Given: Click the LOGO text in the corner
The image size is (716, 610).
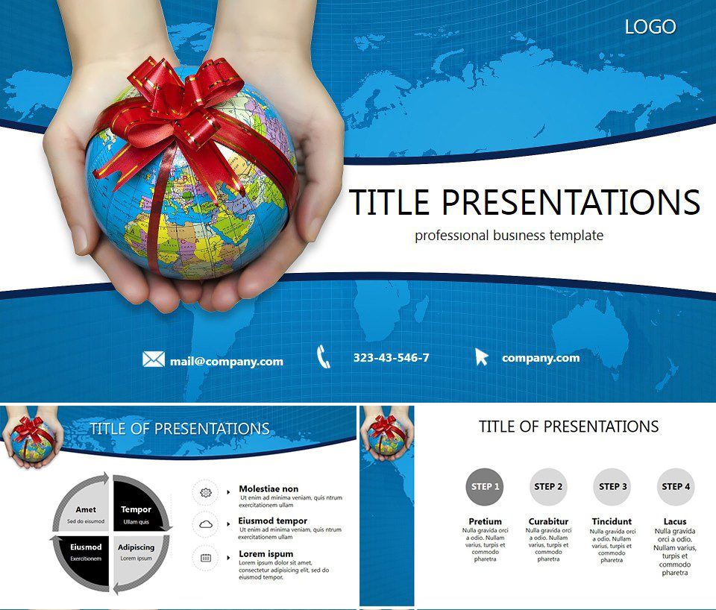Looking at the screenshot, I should [x=650, y=27].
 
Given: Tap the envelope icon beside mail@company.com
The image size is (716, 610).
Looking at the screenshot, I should [x=153, y=359].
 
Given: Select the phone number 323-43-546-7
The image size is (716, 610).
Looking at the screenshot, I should [x=391, y=358].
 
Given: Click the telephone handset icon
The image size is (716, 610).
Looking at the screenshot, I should [x=324, y=357].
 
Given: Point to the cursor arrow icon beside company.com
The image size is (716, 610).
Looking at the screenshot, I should [x=482, y=357].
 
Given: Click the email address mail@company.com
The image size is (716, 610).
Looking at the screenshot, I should [x=226, y=361].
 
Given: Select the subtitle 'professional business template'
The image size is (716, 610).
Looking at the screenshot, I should [x=509, y=236].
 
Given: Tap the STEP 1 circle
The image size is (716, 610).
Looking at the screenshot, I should [x=483, y=487].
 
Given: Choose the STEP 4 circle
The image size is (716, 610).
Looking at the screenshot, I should [x=675, y=487].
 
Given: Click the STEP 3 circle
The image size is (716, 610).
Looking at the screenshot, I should [x=612, y=487].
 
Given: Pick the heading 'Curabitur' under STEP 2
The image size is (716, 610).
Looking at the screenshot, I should [x=548, y=521].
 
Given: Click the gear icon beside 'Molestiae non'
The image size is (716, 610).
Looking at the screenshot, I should [x=206, y=493].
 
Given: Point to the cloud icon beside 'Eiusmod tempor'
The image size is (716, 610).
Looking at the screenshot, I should [x=206, y=525].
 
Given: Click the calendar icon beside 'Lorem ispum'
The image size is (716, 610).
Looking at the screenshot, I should [x=206, y=557].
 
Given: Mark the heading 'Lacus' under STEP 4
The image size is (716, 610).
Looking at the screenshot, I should [x=675, y=521].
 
